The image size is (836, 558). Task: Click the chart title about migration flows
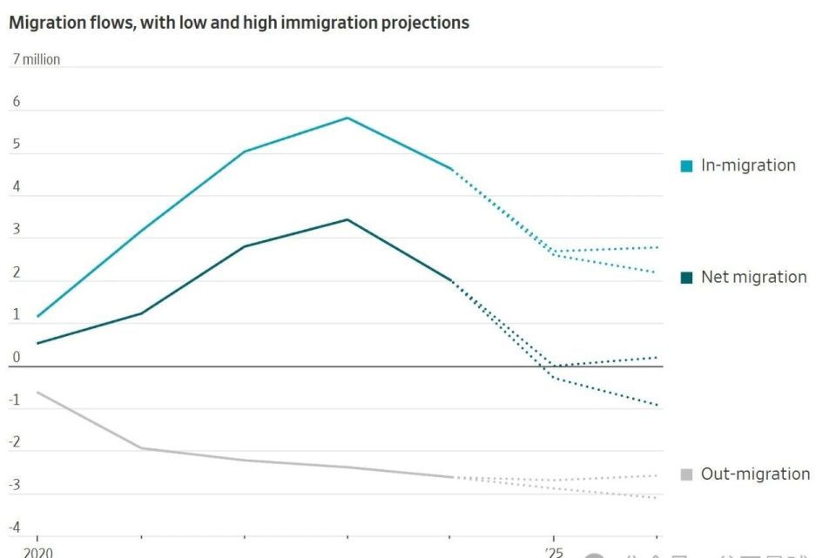[239, 24]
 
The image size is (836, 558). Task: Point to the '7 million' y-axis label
[36, 60]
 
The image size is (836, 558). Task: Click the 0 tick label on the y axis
[16, 357]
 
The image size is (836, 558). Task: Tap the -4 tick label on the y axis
[15, 527]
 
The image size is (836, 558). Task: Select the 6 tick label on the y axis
[16, 102]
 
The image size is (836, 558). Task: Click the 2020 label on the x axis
[37, 552]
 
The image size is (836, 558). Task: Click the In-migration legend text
[748, 165]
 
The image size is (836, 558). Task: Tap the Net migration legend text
[753, 278]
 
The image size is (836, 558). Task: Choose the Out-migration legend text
[755, 474]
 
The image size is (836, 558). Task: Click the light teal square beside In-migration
[686, 166]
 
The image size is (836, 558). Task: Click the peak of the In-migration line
[347, 118]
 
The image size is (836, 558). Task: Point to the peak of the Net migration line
[347, 219]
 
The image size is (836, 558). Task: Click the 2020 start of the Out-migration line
[38, 393]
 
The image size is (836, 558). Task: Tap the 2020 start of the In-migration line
[38, 316]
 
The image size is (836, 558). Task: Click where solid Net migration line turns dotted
[451, 280]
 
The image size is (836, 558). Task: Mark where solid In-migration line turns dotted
[451, 169]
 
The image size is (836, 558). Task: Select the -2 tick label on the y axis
[15, 442]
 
